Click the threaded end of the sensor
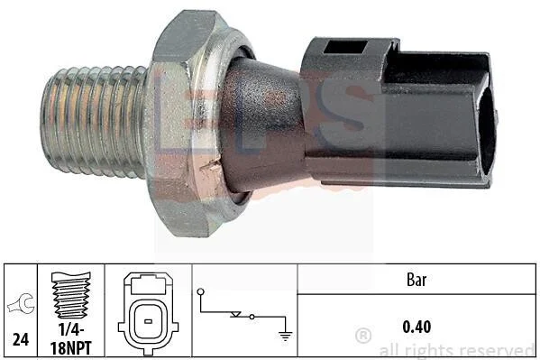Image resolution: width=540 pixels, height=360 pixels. pos(94,122)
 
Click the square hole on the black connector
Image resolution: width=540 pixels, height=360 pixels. pos(345,47)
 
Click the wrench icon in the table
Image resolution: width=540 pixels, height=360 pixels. pos(22,303)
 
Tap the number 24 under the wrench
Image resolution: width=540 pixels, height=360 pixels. pos(21,339)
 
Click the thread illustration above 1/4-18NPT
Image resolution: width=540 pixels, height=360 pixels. pos(71,295)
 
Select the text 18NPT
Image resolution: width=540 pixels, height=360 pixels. pos(71,347)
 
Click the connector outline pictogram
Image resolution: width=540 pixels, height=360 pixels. pos(148,313)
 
